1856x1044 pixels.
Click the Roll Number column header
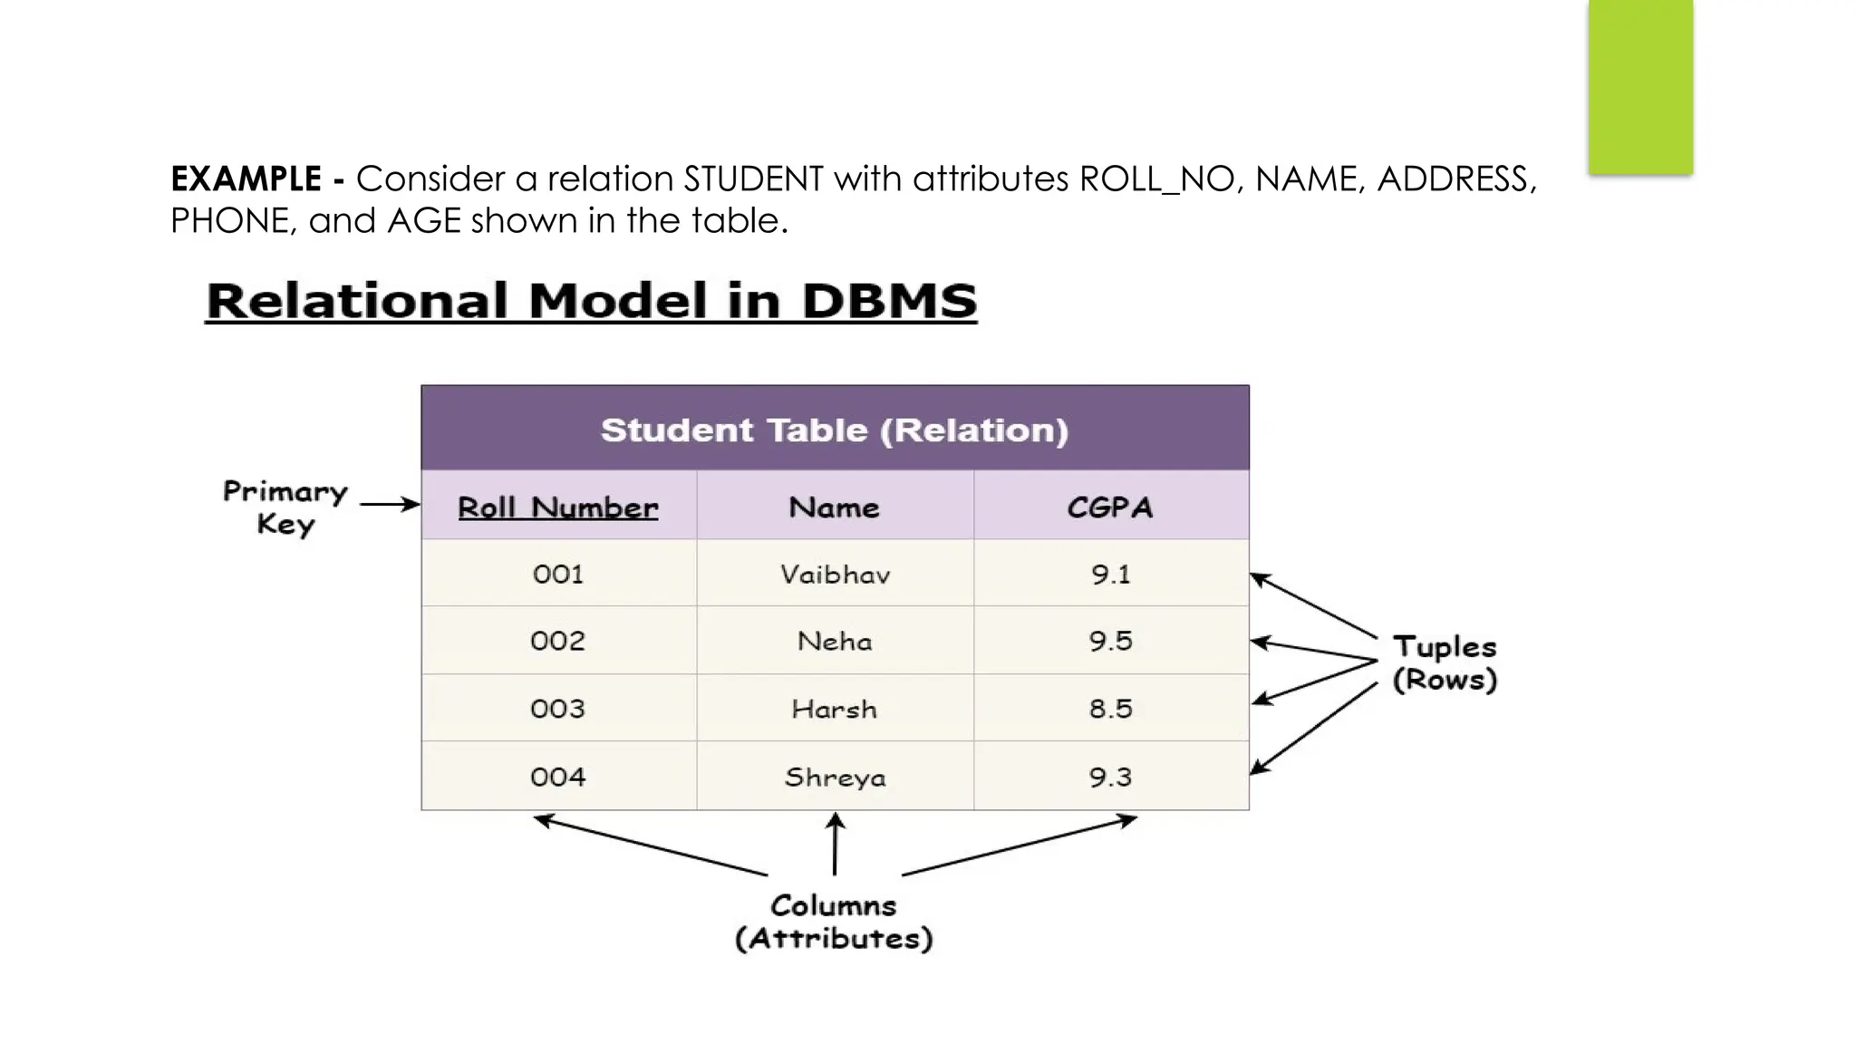coord(557,507)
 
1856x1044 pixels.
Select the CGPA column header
coord(1110,507)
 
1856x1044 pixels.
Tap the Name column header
coord(834,507)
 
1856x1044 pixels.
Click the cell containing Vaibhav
coord(835,575)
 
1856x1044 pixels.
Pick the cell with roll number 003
coord(557,709)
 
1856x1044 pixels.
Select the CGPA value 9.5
coord(1110,642)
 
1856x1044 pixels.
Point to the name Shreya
coord(835,778)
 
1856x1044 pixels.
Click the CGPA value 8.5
coord(1110,709)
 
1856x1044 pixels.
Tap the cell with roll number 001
coord(557,575)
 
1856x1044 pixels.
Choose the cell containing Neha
coord(835,642)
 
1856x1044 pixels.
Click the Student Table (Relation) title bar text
coord(835,430)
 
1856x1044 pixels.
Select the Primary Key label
coord(285,507)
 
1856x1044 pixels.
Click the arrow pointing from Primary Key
coord(390,504)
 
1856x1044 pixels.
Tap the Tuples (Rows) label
coord(1445,663)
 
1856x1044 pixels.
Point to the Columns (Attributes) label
coord(834,922)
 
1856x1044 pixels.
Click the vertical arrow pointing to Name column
coord(835,845)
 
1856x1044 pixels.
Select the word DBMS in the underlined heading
coord(889,301)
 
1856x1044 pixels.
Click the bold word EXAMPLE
coord(246,179)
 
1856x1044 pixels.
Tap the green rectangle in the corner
coord(1640,86)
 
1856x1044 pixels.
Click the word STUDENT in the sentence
coord(753,179)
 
